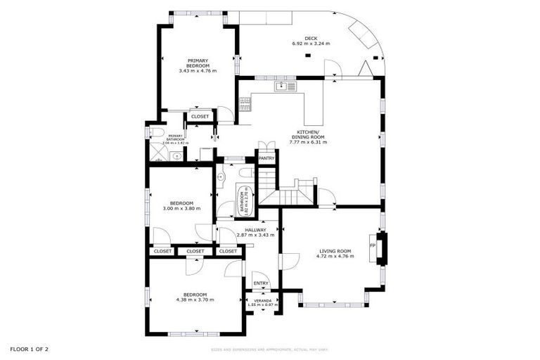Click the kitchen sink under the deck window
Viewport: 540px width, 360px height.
click(286, 86)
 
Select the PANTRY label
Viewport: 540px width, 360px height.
click(266, 158)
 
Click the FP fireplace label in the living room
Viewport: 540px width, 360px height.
click(373, 245)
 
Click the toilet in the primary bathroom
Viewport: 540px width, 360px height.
click(158, 132)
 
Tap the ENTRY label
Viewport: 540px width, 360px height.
click(261, 283)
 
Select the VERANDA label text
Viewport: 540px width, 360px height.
click(262, 300)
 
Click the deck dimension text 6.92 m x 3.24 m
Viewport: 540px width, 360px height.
click(311, 44)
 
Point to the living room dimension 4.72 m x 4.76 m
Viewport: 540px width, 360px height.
click(335, 257)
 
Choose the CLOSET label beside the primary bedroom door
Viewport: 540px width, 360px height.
click(200, 116)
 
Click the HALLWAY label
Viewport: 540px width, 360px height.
click(255, 230)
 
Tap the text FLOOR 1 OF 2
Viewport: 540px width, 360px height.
click(30, 349)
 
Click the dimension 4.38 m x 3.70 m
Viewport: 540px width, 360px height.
click(195, 300)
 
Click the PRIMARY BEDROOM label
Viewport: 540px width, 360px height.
click(198, 64)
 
